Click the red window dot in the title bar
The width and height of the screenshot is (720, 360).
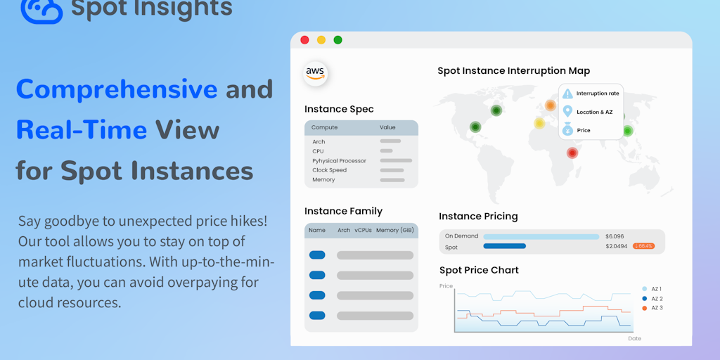[304, 40]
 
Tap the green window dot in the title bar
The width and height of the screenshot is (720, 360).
[337, 40]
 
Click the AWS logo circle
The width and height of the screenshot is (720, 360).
[315, 74]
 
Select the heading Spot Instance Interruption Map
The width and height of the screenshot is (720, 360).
[513, 71]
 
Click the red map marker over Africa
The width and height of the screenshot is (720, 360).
[572, 153]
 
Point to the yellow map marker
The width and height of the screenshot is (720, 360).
[539, 123]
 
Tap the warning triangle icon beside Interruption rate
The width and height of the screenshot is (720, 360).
[567, 94]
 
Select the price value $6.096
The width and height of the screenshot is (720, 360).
[615, 236]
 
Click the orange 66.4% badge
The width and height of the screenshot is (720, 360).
[643, 246]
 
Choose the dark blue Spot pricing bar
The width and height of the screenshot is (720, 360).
[504, 246]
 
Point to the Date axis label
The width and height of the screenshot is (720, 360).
[634, 338]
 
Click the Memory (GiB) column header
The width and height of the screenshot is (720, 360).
[396, 231]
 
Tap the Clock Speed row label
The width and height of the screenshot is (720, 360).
[328, 170]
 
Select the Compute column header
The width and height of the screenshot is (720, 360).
[324, 128]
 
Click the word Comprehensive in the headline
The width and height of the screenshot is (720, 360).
[117, 89]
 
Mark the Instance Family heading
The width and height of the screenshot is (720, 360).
[343, 211]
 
